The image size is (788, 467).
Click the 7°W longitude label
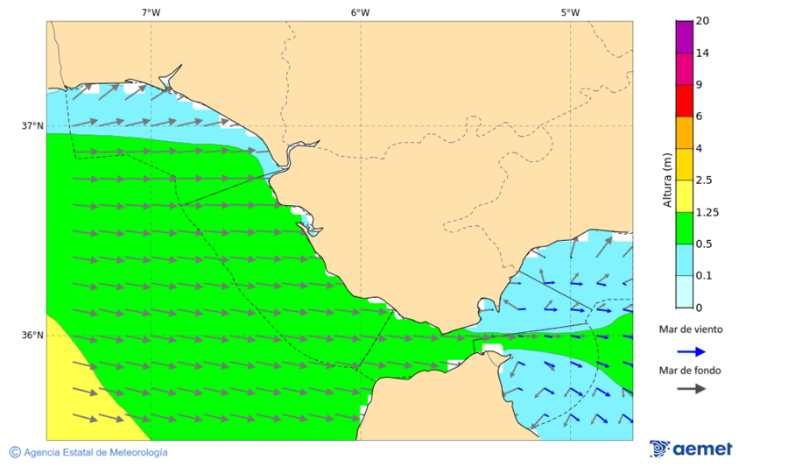coord(151,12)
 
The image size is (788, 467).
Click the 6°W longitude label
coord(360,12)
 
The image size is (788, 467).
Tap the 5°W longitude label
coord(570,12)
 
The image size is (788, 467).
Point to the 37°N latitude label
coord(32,125)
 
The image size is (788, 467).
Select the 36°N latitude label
coord(32,336)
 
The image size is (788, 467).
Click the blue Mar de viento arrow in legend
coord(691,351)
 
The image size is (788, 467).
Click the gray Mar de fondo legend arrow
coord(691,388)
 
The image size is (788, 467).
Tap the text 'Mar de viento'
coord(691,330)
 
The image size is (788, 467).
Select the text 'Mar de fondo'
coord(691,371)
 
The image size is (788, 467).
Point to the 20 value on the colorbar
coord(702,21)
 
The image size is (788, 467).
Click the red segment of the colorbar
coord(684,100)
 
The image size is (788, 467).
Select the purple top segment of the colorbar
coord(684,37)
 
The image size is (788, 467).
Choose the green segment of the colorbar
coord(684,228)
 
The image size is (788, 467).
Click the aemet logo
coord(691,449)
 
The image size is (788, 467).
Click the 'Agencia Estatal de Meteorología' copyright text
coord(88,452)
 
